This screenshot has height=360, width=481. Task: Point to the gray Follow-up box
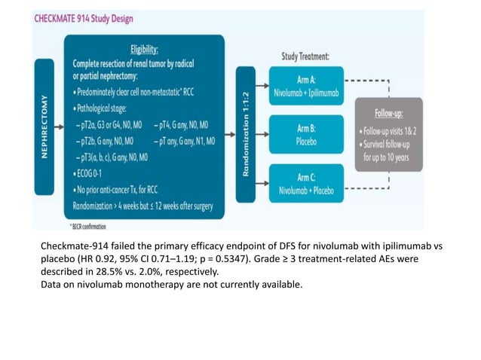[x=388, y=133]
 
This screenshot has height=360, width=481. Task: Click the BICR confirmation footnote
[x=90, y=225]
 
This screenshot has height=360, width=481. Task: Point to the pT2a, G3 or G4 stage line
[x=112, y=125]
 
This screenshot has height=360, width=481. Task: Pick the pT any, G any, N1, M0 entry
[x=185, y=140]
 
